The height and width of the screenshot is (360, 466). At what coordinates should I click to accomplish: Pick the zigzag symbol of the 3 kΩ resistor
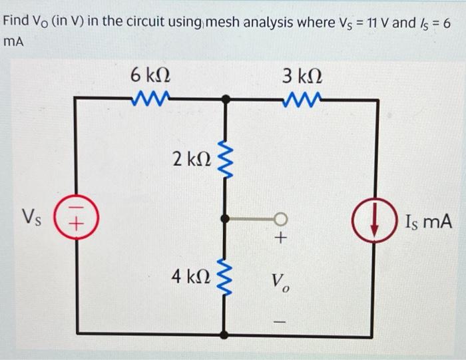(x=303, y=100)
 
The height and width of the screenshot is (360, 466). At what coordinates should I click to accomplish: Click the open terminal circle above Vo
(x=282, y=218)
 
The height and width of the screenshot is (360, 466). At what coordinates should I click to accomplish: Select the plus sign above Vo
(x=282, y=239)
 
